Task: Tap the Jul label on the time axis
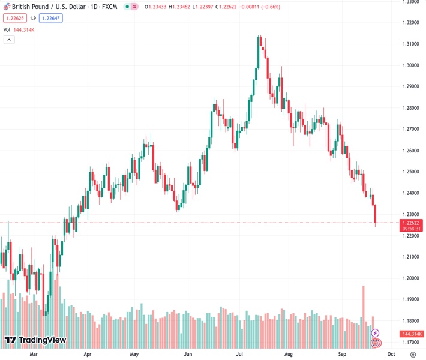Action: tap(240, 355)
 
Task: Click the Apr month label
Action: tap(88, 355)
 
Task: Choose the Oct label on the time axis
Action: tap(391, 355)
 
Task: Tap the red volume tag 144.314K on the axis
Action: tap(412, 334)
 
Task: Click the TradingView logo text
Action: tap(42, 340)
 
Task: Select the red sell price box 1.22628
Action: tap(13, 18)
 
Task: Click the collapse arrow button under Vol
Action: tap(9, 40)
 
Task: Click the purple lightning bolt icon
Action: tap(376, 333)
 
